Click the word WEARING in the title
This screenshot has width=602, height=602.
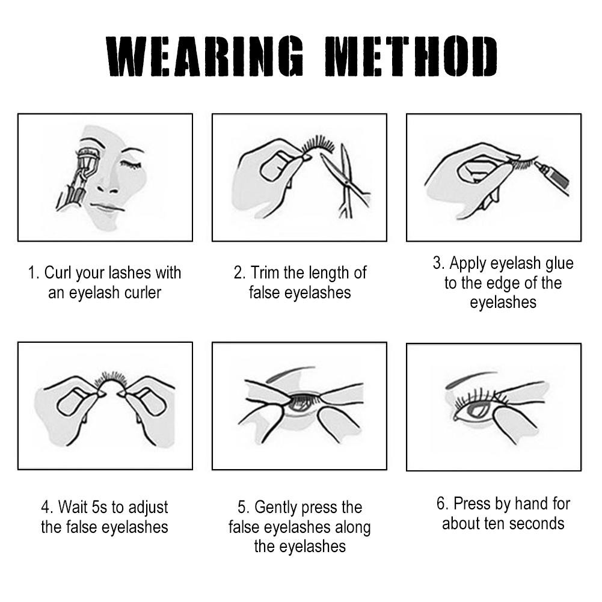click(205, 57)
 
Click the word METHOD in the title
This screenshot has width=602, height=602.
click(410, 57)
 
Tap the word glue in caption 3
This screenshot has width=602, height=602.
click(559, 263)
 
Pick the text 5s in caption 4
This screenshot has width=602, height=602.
click(100, 507)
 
